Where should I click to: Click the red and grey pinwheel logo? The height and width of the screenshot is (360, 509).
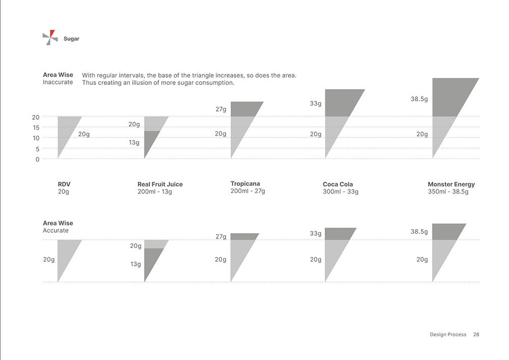[50, 37]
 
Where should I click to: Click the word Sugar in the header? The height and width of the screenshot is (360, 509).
[71, 39]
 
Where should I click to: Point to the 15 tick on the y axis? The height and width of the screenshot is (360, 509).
[36, 127]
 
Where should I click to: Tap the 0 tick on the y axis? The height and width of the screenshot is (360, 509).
[38, 159]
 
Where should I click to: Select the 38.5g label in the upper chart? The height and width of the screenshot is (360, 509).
[419, 99]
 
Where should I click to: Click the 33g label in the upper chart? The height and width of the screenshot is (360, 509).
[316, 103]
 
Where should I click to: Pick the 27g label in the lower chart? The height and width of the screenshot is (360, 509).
[221, 237]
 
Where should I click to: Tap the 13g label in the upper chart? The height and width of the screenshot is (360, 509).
[134, 143]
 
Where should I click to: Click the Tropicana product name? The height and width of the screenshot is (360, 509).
[245, 184]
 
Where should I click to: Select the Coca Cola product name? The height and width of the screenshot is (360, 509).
[337, 184]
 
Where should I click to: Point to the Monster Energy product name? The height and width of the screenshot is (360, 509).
[451, 184]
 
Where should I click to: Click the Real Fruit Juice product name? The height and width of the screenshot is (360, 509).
[160, 184]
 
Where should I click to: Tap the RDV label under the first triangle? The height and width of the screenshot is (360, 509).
[64, 184]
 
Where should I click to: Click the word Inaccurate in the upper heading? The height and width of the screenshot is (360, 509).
[58, 82]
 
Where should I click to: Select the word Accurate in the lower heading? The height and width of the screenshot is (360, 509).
[55, 231]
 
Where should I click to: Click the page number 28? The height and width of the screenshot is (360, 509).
[476, 335]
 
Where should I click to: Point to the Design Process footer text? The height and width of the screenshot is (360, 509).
[448, 335]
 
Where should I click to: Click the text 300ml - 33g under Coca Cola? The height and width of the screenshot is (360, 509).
[341, 192]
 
